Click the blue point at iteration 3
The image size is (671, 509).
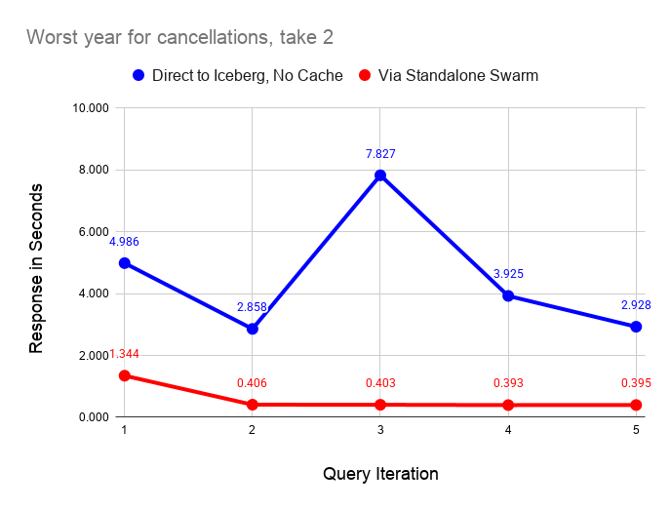380,176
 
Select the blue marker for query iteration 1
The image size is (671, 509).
124,263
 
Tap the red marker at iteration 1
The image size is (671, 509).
124,375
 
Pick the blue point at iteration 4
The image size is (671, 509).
508,295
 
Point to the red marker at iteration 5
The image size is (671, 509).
636,405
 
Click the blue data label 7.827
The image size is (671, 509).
380,154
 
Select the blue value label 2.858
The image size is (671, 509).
252,307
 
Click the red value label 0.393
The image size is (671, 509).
508,383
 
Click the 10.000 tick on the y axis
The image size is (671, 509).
90,108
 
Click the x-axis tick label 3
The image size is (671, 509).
380,431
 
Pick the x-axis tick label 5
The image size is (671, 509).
636,431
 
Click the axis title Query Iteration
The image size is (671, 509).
380,475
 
